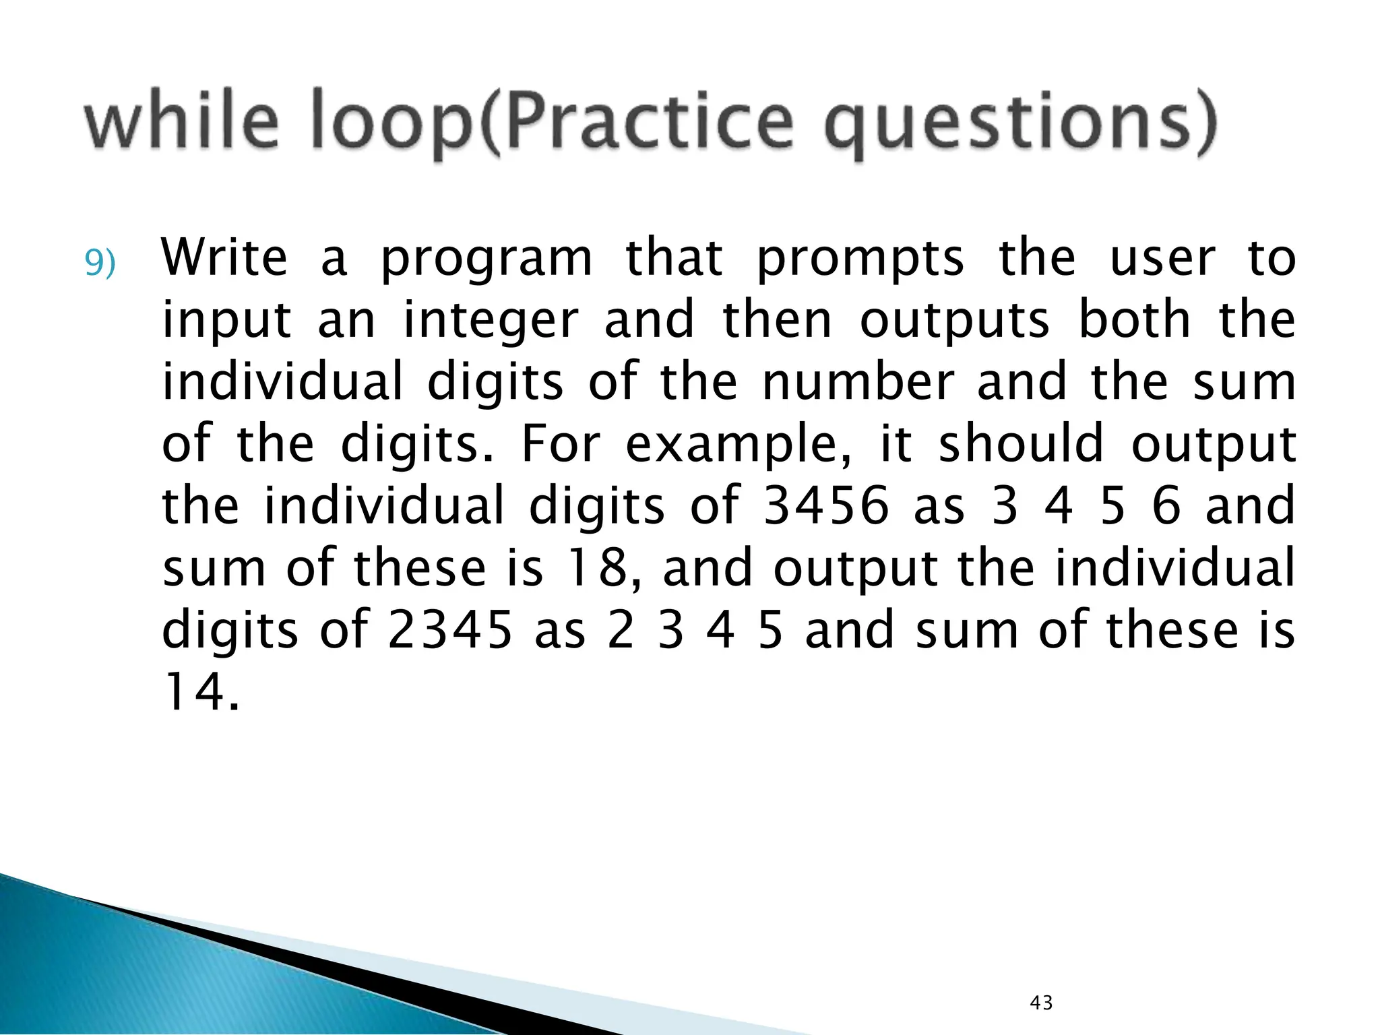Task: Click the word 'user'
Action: pyautogui.click(x=1163, y=258)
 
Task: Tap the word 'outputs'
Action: pyautogui.click(x=955, y=322)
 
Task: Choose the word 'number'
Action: pyautogui.click(x=858, y=381)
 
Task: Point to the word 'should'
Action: pyautogui.click(x=1021, y=443)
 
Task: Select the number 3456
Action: pyautogui.click(x=826, y=506)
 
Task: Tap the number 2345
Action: pyautogui.click(x=450, y=630)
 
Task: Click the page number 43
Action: pyautogui.click(x=1041, y=1003)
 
